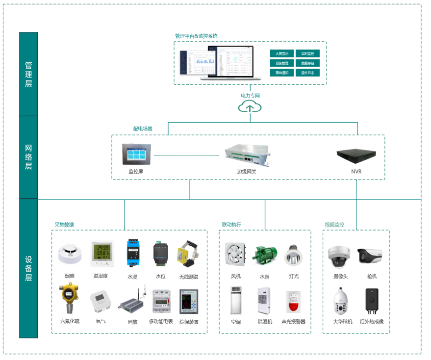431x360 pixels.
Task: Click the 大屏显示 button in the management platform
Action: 282,53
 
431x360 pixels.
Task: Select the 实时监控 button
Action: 307,53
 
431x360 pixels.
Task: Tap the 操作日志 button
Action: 307,73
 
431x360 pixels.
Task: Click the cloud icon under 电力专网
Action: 250,106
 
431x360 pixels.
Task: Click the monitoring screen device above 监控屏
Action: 136,154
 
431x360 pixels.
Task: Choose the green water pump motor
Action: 264,255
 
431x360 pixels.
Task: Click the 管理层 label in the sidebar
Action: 28,74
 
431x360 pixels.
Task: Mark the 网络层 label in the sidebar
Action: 28,157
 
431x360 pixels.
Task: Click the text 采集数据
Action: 64,225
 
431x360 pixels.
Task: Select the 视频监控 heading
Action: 334,225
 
